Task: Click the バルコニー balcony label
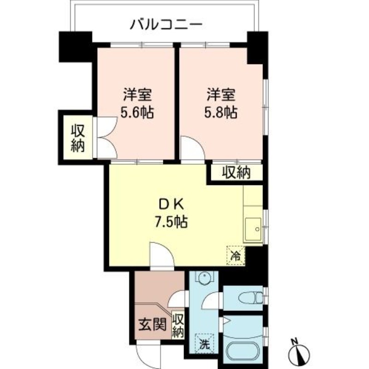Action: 166,25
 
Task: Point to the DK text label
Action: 171,205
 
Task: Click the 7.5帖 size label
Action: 171,222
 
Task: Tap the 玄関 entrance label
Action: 153,325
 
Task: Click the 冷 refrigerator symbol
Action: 236,256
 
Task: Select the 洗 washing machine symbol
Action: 204,344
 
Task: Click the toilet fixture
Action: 250,298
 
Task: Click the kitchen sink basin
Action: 253,229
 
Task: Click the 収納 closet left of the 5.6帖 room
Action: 78,139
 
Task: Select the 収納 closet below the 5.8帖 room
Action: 237,173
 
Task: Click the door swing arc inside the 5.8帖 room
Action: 198,143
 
